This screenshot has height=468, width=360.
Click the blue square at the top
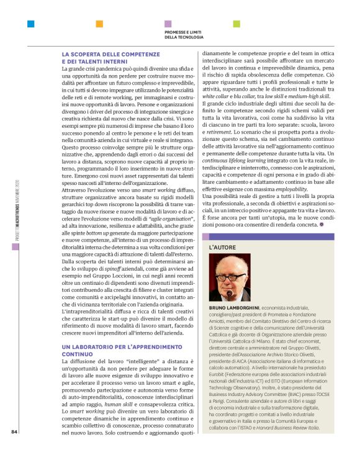click(x=30, y=24)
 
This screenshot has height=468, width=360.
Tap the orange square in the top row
click(x=99, y=24)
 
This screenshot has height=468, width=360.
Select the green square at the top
click(x=236, y=24)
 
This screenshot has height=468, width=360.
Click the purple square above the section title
click(x=168, y=24)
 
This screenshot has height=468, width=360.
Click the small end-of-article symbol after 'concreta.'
click(x=323, y=225)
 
